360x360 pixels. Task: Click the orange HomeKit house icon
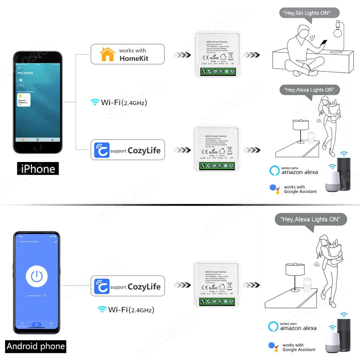tap(107, 54)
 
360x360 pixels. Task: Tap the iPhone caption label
tap(38, 168)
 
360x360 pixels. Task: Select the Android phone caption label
tap(36, 346)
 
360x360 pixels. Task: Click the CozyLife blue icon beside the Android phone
tap(101, 287)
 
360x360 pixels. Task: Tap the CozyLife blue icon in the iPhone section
tap(101, 150)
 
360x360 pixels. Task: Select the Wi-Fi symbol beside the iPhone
tap(95, 102)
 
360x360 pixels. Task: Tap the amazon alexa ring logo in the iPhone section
tap(274, 170)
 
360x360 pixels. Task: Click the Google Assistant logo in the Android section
tap(274, 347)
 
